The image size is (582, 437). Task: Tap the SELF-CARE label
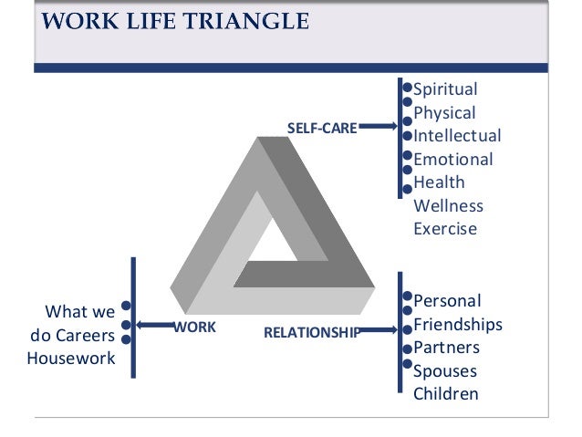tap(322, 129)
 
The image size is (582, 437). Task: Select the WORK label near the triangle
tap(195, 326)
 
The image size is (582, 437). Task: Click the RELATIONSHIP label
tap(311, 332)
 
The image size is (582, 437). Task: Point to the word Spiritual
tap(446, 89)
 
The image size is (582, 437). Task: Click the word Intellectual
tap(457, 136)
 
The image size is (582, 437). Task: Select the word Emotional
tap(452, 159)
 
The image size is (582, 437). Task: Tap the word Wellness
tap(448, 205)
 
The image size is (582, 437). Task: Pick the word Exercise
tap(445, 229)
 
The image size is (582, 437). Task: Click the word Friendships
tap(458, 324)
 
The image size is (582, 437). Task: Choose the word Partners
tap(446, 348)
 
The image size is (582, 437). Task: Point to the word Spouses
tap(445, 371)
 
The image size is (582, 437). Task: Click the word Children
tap(445, 394)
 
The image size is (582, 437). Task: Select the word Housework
tap(71, 358)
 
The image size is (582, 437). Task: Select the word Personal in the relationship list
tap(447, 300)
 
